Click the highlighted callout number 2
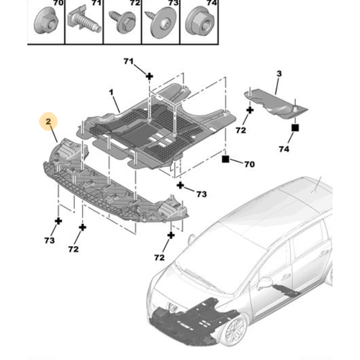(x=48, y=122)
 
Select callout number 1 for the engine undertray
(x=111, y=92)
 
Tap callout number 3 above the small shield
(x=279, y=73)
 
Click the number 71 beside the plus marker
(x=129, y=61)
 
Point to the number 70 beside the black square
(x=249, y=164)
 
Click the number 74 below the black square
(x=284, y=149)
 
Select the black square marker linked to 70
(x=225, y=159)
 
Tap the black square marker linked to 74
(x=295, y=127)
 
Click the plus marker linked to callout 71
(x=149, y=76)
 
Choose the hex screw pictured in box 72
(x=123, y=22)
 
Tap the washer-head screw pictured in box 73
(x=161, y=23)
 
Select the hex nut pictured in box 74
(x=200, y=21)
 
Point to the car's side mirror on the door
(x=265, y=282)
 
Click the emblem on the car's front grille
(x=172, y=307)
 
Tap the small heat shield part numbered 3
(x=276, y=104)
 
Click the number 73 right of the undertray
(x=202, y=194)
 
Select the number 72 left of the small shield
(x=240, y=130)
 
